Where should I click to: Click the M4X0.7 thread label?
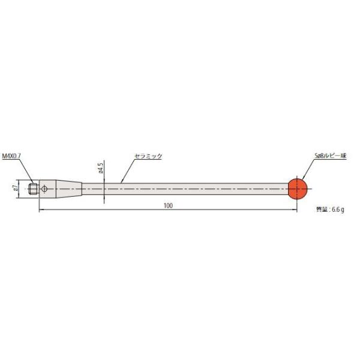click(12, 155)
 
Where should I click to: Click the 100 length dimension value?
click(167, 206)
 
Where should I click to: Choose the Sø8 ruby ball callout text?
click(331, 155)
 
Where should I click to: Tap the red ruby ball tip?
click(297, 188)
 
